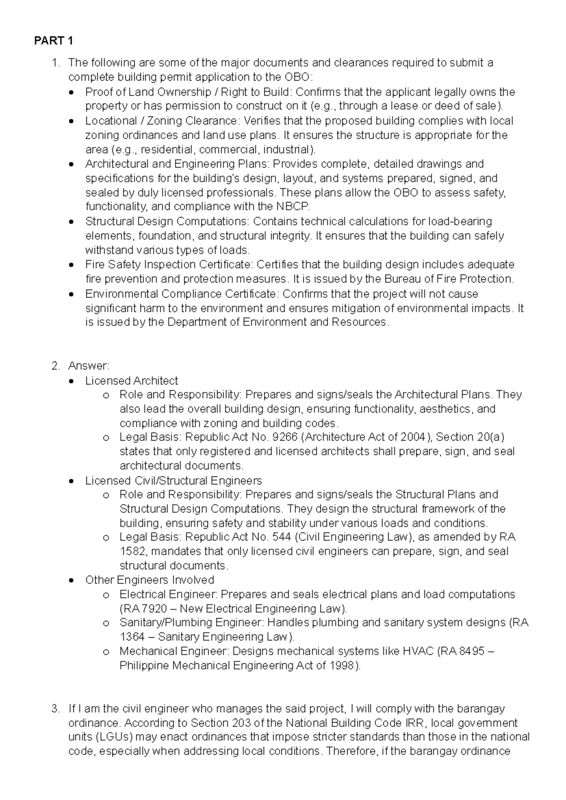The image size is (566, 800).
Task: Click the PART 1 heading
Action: coord(53,41)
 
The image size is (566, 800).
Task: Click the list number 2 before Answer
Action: coord(56,366)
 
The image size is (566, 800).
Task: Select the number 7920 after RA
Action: coord(154,608)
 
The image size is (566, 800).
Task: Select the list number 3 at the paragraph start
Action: coord(56,709)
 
